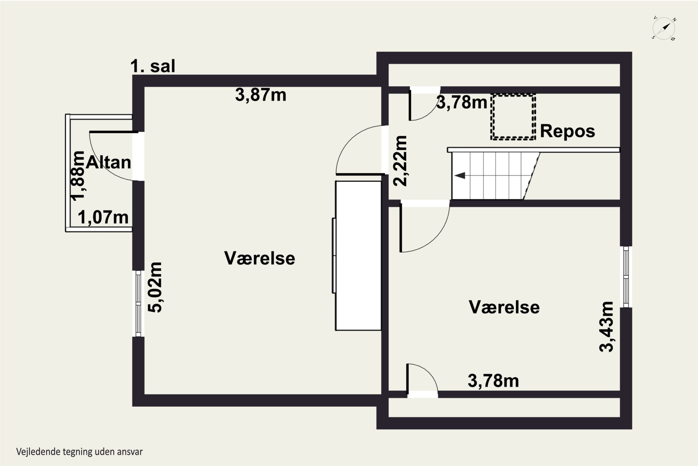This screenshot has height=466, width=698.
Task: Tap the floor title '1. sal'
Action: (x=153, y=66)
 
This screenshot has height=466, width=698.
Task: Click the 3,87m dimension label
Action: (x=261, y=95)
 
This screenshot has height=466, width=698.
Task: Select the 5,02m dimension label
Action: (x=155, y=287)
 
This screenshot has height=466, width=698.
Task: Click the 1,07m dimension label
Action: (x=103, y=217)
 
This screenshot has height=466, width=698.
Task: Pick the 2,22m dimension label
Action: (x=400, y=161)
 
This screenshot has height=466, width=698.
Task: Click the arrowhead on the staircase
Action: (x=460, y=176)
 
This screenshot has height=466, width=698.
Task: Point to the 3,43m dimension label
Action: (x=606, y=327)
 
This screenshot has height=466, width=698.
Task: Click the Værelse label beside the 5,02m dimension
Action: (x=260, y=258)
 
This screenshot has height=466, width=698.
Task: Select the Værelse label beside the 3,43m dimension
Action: (x=504, y=307)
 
